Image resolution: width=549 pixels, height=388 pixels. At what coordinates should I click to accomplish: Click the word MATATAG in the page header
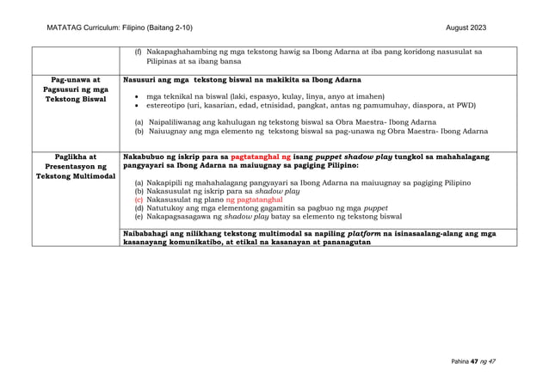64,28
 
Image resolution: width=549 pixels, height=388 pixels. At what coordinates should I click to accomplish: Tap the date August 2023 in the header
466,28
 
